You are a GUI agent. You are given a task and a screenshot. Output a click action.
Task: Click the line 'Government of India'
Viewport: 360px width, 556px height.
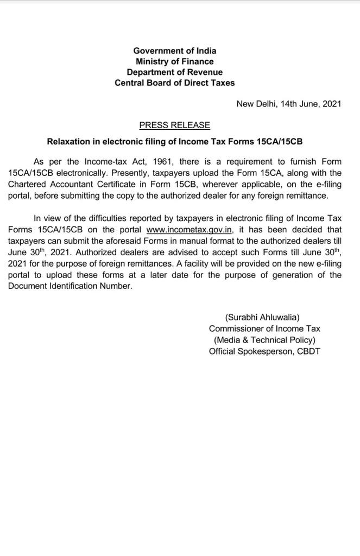pyautogui.click(x=174, y=50)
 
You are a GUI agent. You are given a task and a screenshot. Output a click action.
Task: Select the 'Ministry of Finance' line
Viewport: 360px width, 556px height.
pyautogui.click(x=174, y=61)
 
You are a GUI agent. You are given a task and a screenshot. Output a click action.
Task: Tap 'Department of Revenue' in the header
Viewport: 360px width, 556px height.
pyautogui.click(x=174, y=72)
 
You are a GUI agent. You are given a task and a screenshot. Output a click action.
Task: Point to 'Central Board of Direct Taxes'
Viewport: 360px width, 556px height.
pyautogui.click(x=174, y=83)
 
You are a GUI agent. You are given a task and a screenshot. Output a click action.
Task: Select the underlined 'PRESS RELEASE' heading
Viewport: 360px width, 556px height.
pyautogui.click(x=174, y=125)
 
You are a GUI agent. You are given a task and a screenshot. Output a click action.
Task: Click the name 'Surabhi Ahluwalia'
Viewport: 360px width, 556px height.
pyautogui.click(x=262, y=317)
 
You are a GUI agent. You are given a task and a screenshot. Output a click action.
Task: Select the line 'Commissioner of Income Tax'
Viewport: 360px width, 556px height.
pyautogui.click(x=264, y=328)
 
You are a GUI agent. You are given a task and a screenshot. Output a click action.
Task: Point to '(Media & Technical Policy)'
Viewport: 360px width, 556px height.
pyautogui.click(x=264, y=340)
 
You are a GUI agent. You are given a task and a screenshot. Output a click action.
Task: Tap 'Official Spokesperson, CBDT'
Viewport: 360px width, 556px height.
pyautogui.click(x=264, y=351)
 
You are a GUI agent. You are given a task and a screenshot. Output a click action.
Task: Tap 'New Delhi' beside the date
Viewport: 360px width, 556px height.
pyautogui.click(x=256, y=104)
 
